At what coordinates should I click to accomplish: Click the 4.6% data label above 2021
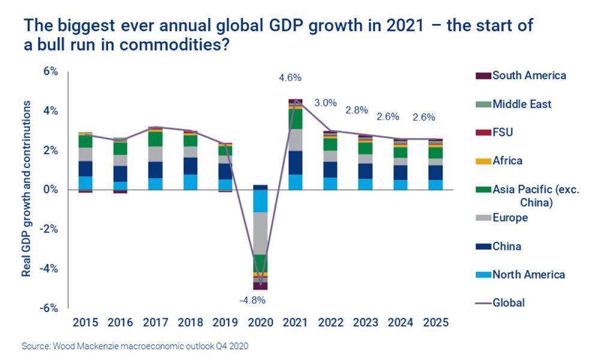tap(290, 77)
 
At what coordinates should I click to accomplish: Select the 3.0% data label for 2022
tap(325, 103)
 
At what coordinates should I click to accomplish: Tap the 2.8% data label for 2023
tap(356, 110)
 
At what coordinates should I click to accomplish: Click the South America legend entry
tap(529, 76)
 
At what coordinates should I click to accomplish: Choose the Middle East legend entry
tap(521, 104)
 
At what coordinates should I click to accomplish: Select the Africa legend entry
tap(508, 161)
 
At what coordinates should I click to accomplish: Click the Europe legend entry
tap(510, 218)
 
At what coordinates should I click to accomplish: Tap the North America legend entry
tap(528, 275)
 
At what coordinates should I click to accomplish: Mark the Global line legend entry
tap(508, 303)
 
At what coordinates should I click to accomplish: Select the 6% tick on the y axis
tap(50, 71)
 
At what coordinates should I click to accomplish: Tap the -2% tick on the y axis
tap(49, 229)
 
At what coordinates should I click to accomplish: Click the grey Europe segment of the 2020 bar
tap(260, 233)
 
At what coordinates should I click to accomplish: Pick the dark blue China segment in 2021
tap(295, 162)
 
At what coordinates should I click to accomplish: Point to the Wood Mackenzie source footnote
tap(134, 346)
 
